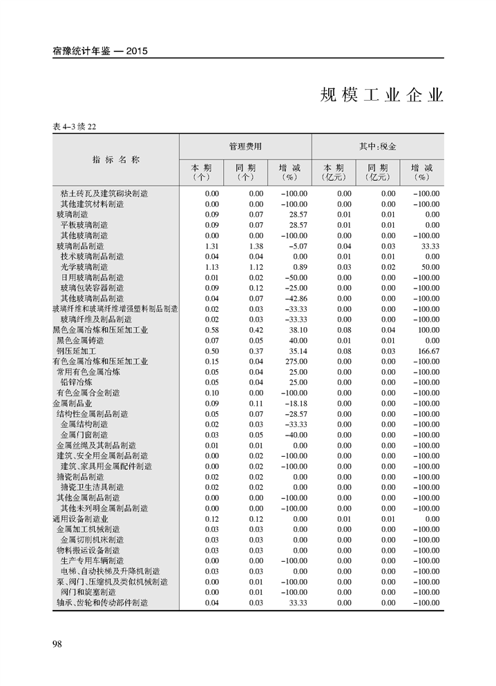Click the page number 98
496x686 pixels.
tap(57, 644)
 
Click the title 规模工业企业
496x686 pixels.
tap(381, 97)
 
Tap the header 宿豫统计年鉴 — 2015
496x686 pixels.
tap(101, 51)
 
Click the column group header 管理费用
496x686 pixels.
tap(245, 147)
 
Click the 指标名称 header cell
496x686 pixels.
tap(116, 159)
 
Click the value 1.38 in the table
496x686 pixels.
tap(256, 246)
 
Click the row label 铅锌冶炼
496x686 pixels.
tap(77, 382)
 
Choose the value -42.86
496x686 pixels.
tap(296, 299)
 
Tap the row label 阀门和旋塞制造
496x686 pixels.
tap(88, 592)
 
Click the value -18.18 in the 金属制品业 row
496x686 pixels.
tap(296, 404)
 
